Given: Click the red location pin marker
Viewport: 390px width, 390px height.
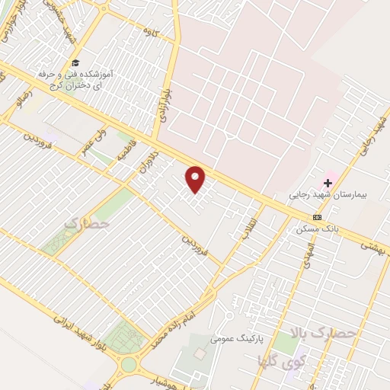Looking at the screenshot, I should tap(197, 180).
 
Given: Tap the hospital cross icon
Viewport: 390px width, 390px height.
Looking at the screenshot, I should tap(328, 183).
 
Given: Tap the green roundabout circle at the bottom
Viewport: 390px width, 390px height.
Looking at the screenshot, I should tap(129, 364).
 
